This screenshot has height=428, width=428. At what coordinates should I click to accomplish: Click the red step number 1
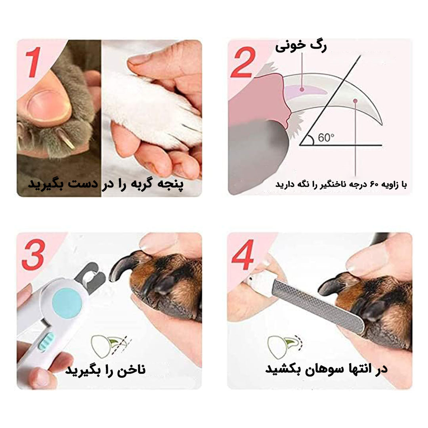point(34,62)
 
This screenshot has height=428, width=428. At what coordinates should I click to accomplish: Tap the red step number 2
point(243,63)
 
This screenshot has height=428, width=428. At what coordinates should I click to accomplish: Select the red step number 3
point(33,254)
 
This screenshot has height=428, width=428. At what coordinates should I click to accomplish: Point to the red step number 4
point(243,255)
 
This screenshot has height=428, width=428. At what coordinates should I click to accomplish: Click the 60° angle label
point(326,138)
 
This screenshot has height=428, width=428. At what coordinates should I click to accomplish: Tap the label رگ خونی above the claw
point(301,46)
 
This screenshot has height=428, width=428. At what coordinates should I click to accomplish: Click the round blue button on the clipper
point(67,304)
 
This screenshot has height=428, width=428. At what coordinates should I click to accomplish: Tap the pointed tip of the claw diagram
point(382,124)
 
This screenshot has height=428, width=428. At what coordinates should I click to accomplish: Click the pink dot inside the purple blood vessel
point(302,89)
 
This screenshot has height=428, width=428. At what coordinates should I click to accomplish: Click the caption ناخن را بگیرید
point(105,370)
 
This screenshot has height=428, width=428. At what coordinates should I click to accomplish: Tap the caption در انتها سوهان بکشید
point(326,369)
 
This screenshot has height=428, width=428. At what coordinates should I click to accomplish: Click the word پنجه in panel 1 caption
point(169,183)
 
